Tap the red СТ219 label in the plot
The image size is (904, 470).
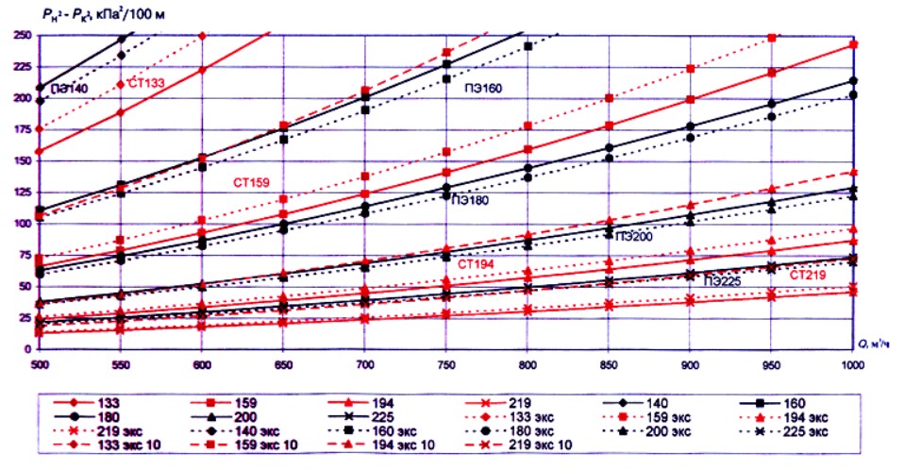810,275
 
